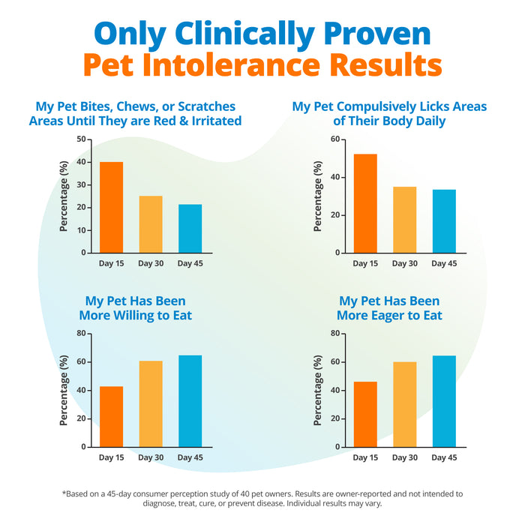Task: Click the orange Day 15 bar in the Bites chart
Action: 111,207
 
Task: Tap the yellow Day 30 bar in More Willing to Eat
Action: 151,403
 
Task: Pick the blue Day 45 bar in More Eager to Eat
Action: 443,401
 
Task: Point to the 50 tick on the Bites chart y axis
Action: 80,139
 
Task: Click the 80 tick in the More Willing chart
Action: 80,333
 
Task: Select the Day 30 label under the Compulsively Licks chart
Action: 404,263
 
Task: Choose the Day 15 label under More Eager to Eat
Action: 365,457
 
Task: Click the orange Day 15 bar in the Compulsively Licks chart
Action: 365,203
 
